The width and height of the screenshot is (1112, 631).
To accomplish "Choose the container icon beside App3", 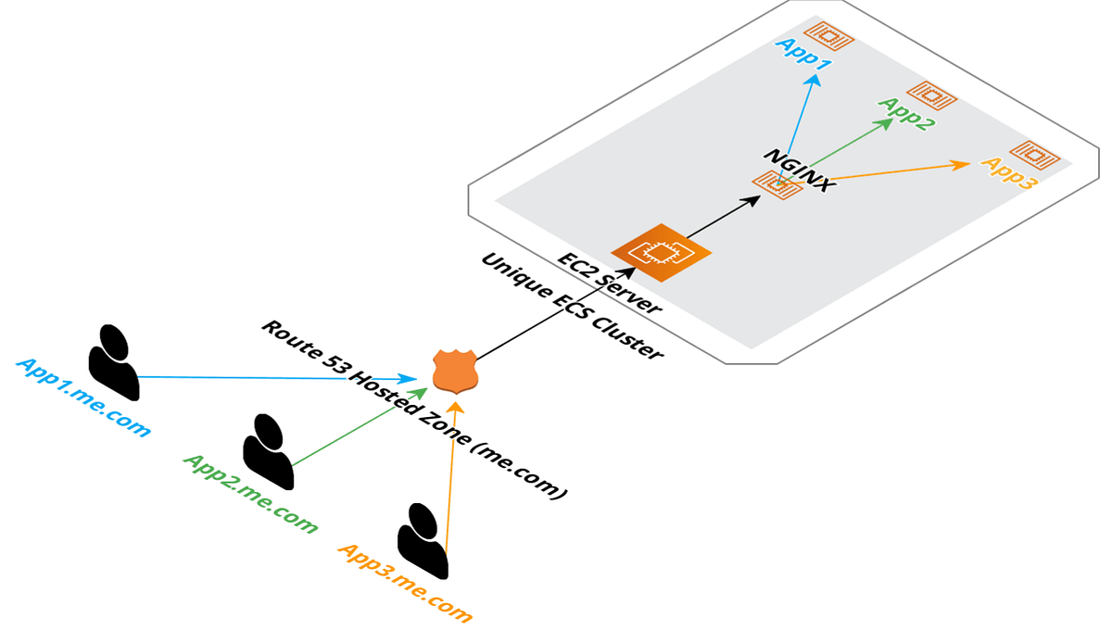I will click(1031, 154).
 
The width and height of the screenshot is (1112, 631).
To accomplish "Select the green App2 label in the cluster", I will click(903, 113).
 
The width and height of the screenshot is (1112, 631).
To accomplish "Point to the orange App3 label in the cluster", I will click(1008, 174).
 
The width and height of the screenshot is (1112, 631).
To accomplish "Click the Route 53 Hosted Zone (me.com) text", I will click(412, 410).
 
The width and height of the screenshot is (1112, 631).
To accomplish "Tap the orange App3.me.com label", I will click(406, 583).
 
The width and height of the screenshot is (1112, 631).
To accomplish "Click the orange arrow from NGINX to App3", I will click(890, 172).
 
